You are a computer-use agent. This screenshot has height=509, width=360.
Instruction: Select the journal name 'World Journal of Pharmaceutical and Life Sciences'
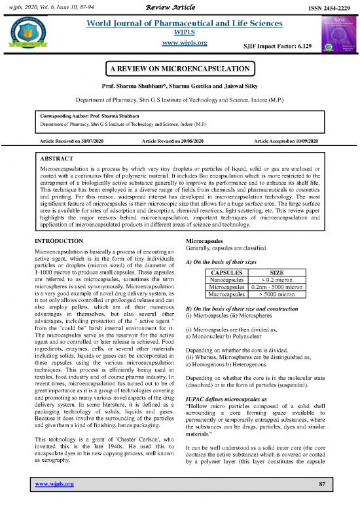[180, 24]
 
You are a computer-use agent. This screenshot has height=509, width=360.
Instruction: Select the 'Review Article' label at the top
[179, 6]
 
